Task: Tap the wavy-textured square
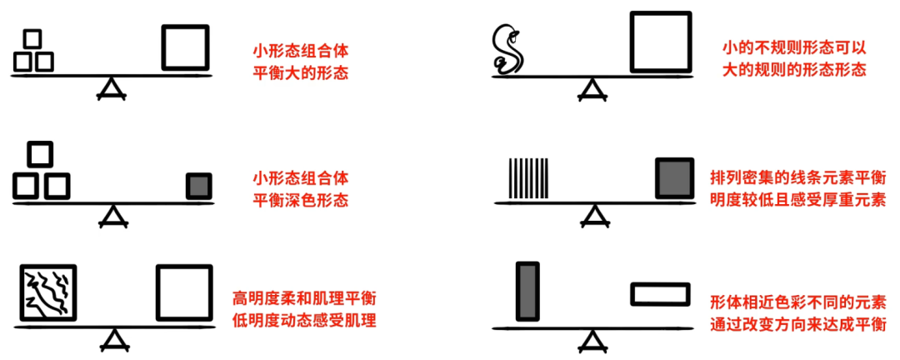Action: tap(48, 293)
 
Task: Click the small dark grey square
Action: tap(198, 186)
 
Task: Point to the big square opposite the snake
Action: tap(661, 42)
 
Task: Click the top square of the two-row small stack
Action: tap(32, 39)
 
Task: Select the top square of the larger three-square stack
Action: tap(40, 153)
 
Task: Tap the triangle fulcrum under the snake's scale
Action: tap(592, 88)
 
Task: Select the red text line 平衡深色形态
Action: tap(300, 200)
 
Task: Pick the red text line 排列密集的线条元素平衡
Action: tap(797, 178)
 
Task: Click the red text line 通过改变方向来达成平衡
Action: tap(797, 324)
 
